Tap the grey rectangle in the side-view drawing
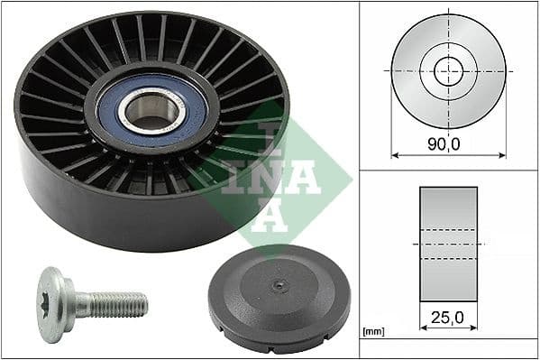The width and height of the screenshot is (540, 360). point(447,244)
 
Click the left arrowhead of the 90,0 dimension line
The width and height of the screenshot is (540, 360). point(394,154)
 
